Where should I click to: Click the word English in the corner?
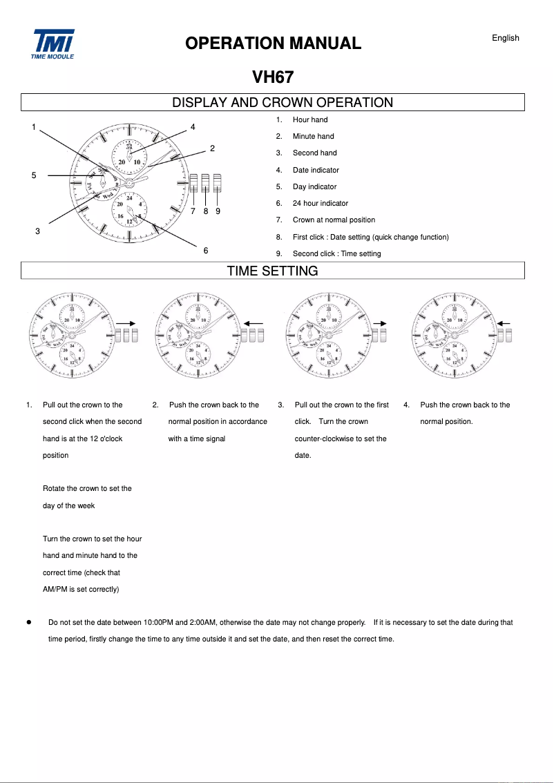click(x=505, y=38)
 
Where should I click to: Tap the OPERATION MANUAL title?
click(x=273, y=43)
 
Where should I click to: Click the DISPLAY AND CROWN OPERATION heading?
click(x=282, y=103)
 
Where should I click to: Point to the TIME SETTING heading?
click(x=272, y=271)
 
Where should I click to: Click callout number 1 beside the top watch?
click(x=33, y=127)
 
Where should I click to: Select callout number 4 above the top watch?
click(x=193, y=127)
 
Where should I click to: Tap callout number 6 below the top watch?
click(x=206, y=250)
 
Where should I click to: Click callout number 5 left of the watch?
click(x=34, y=175)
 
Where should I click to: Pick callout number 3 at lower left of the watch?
click(x=37, y=231)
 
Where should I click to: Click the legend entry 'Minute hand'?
click(x=313, y=137)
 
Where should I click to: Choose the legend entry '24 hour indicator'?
click(x=320, y=204)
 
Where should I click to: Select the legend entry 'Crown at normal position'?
click(x=334, y=220)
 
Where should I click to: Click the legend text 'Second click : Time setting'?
click(x=336, y=254)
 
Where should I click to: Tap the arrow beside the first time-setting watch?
click(x=126, y=322)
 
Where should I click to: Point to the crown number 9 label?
click(x=218, y=211)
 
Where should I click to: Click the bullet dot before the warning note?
click(x=29, y=622)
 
